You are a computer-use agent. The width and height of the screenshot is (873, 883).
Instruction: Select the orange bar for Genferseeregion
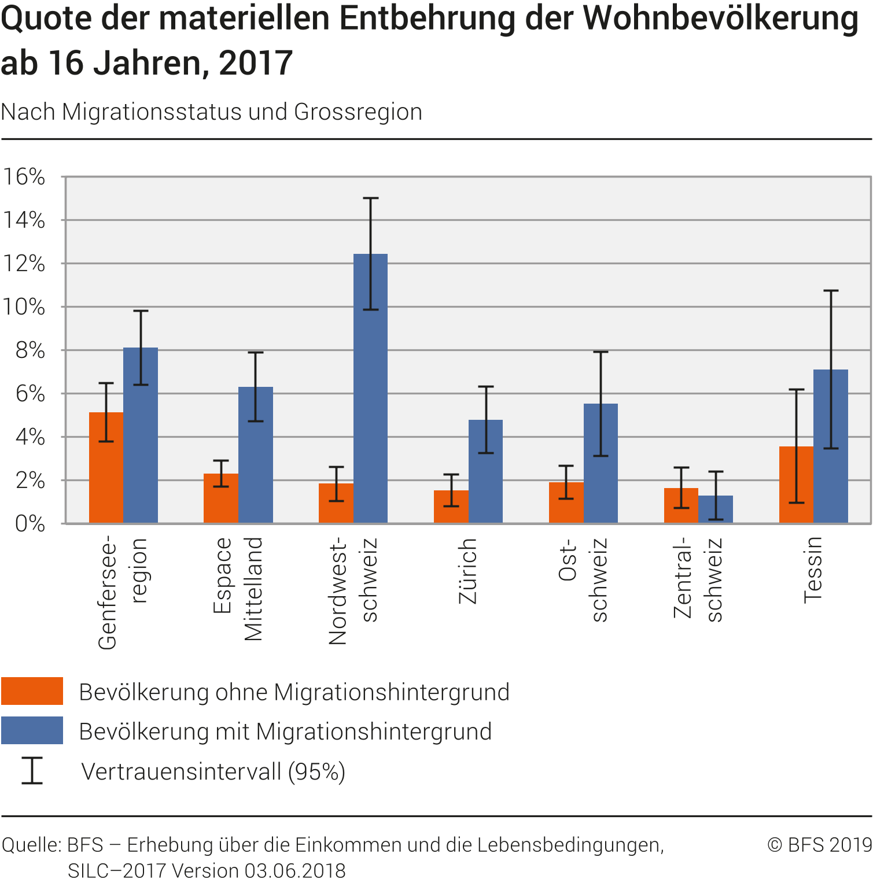tap(106, 468)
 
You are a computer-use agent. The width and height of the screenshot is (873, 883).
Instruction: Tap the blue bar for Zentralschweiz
tap(716, 509)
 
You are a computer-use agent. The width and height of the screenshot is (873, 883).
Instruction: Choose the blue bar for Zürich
tap(485, 471)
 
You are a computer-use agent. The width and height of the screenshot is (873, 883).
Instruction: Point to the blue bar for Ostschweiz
tap(601, 463)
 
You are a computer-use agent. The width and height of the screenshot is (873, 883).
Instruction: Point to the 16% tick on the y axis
tap(24, 177)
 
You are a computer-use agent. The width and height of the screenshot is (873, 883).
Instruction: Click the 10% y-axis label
tap(24, 307)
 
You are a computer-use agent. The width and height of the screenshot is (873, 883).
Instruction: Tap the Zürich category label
tap(467, 571)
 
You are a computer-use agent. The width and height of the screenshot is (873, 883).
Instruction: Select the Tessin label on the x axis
tap(813, 570)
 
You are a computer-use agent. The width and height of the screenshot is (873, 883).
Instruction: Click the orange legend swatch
tap(32, 691)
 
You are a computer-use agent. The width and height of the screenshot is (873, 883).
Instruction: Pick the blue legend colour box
tap(32, 730)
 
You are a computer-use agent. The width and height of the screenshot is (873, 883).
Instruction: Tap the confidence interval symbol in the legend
tap(32, 770)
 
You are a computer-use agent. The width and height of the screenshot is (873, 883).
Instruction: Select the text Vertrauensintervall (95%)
tap(213, 771)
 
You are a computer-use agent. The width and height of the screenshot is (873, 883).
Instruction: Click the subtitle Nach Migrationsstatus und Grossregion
tap(212, 112)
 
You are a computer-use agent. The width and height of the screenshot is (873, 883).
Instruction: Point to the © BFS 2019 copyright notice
tap(819, 845)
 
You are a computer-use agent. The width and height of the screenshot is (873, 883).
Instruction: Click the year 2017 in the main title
tap(256, 63)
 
